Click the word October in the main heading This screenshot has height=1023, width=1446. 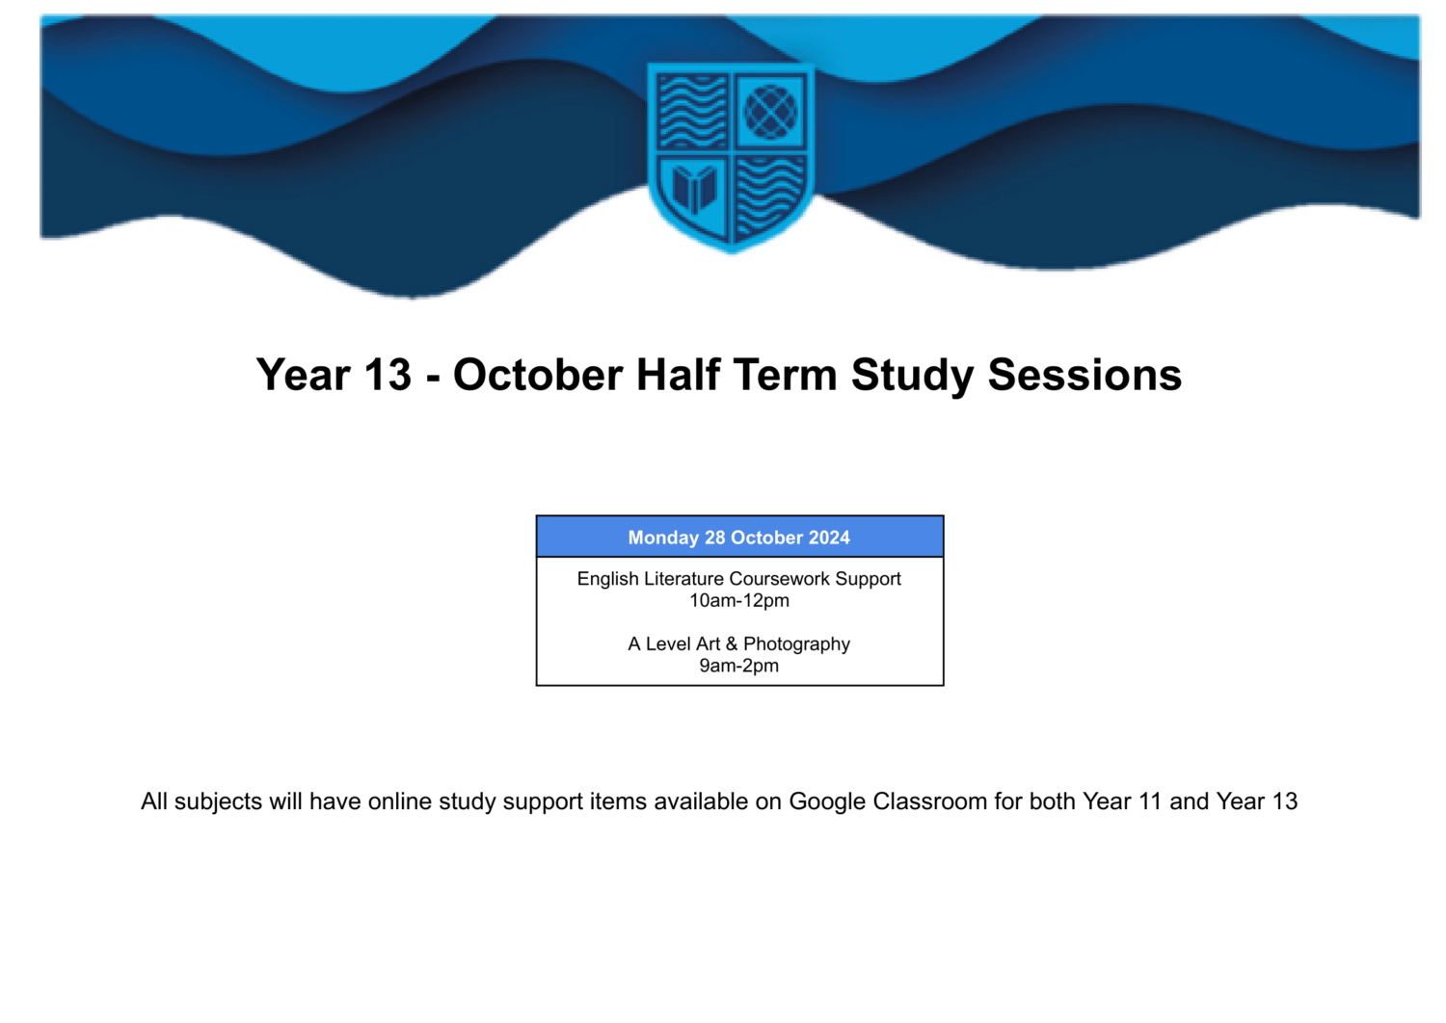(538, 375)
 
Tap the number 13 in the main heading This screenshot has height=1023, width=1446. (388, 375)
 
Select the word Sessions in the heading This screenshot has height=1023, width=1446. (1084, 375)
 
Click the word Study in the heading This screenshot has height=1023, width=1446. (912, 376)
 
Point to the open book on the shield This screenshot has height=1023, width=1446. (694, 188)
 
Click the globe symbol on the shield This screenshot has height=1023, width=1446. (770, 112)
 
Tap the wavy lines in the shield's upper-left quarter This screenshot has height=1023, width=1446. (693, 112)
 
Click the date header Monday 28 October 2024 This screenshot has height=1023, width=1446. (739, 538)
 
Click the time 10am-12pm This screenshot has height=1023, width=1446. (739, 600)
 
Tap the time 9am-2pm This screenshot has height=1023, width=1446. (739, 665)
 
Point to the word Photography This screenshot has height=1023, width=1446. (796, 643)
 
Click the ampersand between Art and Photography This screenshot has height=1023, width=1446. (732, 643)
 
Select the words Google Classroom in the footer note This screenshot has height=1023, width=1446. (888, 801)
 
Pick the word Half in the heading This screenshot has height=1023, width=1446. (678, 375)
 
